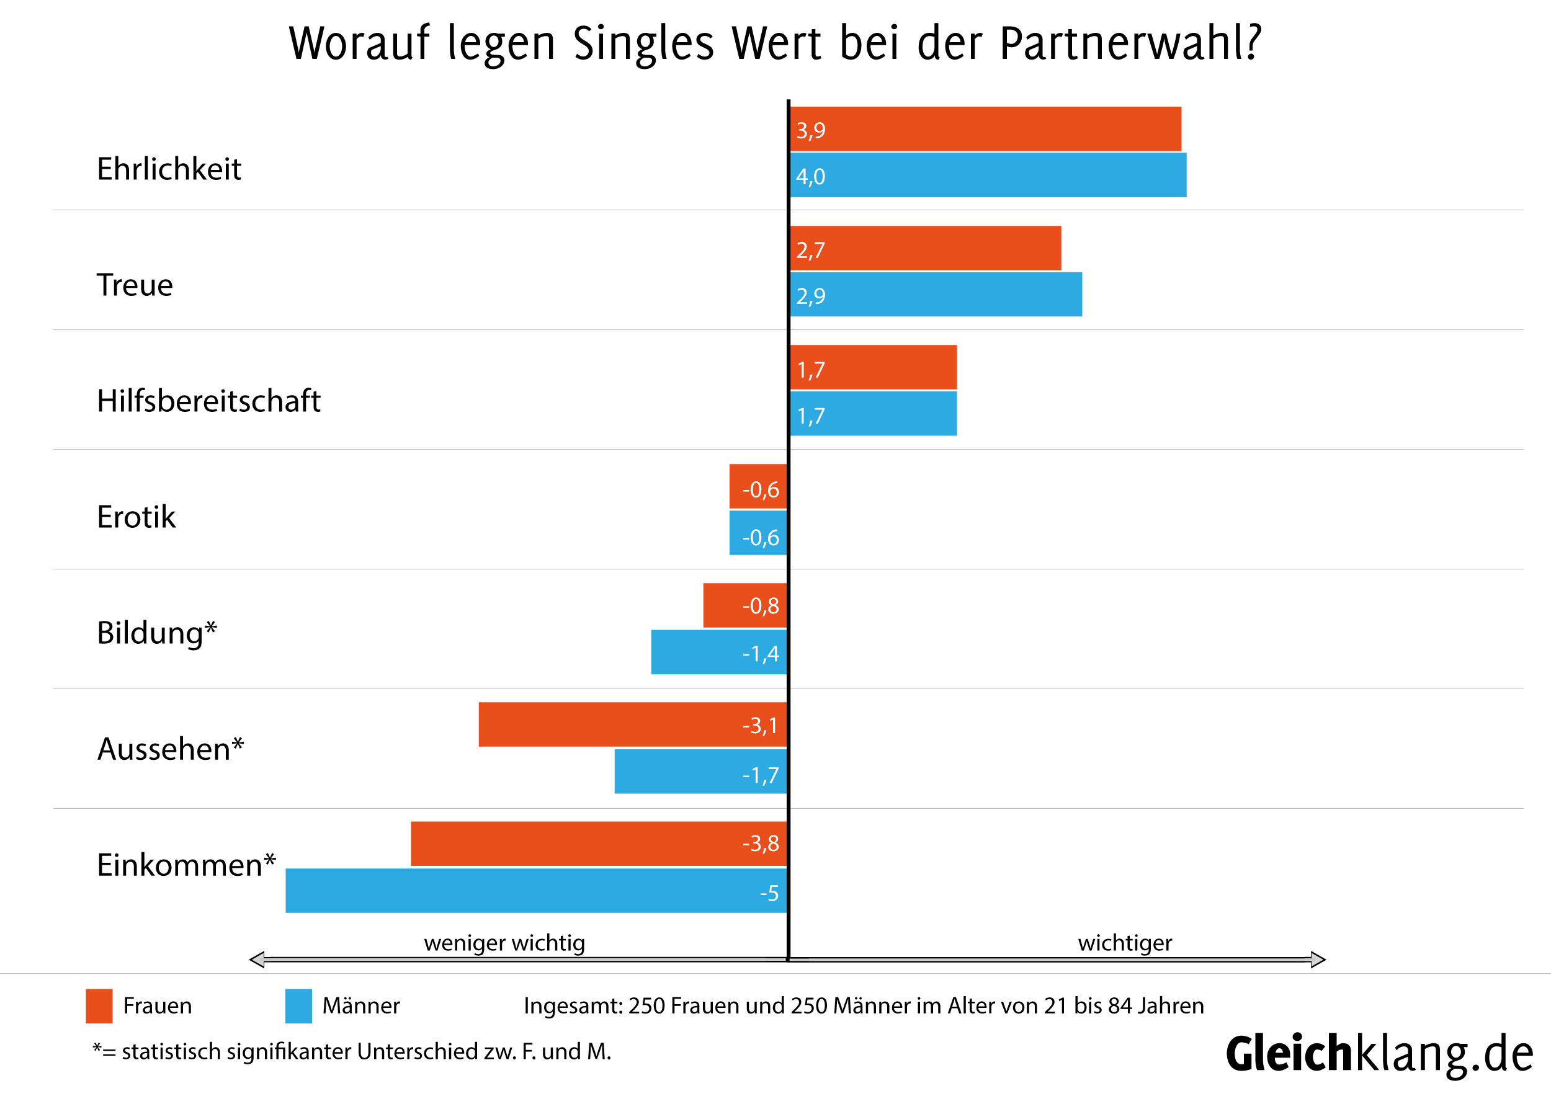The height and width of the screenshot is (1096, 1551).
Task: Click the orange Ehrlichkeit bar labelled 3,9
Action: [x=985, y=129]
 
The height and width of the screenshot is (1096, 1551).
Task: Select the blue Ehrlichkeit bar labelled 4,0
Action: [x=988, y=176]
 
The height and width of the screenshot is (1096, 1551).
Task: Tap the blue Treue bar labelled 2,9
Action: [x=936, y=295]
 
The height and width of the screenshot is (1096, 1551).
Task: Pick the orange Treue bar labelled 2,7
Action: [x=926, y=249]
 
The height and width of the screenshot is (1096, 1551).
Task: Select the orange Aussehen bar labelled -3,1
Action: [x=632, y=724]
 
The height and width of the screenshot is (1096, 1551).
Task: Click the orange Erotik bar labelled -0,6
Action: [x=758, y=486]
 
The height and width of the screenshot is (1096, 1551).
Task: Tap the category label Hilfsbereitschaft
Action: [x=208, y=401]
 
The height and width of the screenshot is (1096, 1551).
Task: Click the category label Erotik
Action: [x=136, y=517]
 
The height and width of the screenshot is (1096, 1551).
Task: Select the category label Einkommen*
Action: [x=185, y=865]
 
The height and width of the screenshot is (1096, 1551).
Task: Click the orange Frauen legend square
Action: [x=99, y=1006]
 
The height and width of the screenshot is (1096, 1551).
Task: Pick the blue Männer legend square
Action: [x=298, y=1006]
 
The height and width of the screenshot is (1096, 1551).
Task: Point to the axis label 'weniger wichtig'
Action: [x=504, y=943]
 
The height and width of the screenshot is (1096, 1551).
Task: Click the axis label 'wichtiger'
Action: [x=1125, y=943]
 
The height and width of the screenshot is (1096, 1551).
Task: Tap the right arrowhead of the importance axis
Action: [x=1317, y=960]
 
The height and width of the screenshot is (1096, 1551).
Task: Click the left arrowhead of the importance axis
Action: [x=257, y=960]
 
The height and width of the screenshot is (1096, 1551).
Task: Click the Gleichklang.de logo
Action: [x=1379, y=1054]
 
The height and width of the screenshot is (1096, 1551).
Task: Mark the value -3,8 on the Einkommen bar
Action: [x=760, y=844]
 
